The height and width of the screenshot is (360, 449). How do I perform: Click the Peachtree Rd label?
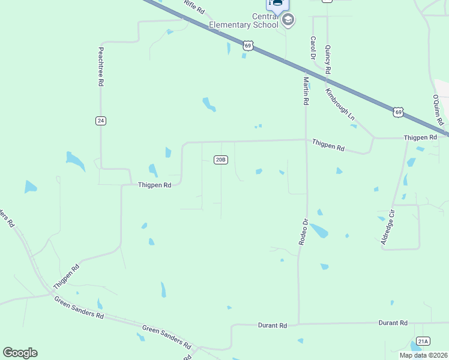(x=101, y=68)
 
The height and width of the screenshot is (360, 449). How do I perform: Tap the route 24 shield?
(x=100, y=121)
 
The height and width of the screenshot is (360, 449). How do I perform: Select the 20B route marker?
(x=221, y=159)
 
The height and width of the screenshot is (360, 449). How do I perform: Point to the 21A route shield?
(x=423, y=341)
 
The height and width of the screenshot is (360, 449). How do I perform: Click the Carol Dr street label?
(x=313, y=47)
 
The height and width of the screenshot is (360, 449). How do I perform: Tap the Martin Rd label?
(x=306, y=91)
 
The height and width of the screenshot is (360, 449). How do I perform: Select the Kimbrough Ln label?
(x=340, y=104)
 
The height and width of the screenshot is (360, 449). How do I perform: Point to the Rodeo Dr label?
(x=304, y=231)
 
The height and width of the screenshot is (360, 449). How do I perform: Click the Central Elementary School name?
(x=244, y=20)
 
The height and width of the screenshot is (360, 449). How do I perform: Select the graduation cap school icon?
(x=288, y=20)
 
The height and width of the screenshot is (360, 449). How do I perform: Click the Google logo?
(x=20, y=353)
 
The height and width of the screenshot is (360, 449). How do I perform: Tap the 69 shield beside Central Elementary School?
(x=249, y=45)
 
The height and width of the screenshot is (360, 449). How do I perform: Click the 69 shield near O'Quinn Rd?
(x=399, y=112)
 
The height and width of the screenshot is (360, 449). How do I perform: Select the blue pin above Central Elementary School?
(x=277, y=4)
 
